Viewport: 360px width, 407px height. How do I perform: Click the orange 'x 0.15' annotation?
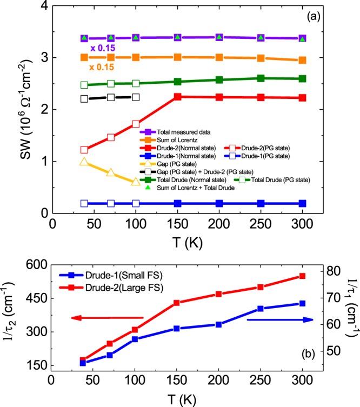click(x=102, y=68)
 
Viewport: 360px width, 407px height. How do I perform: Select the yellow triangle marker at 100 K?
click(x=136, y=182)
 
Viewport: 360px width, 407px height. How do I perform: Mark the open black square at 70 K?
click(x=111, y=97)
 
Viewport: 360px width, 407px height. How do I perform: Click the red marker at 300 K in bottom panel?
click(x=302, y=276)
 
